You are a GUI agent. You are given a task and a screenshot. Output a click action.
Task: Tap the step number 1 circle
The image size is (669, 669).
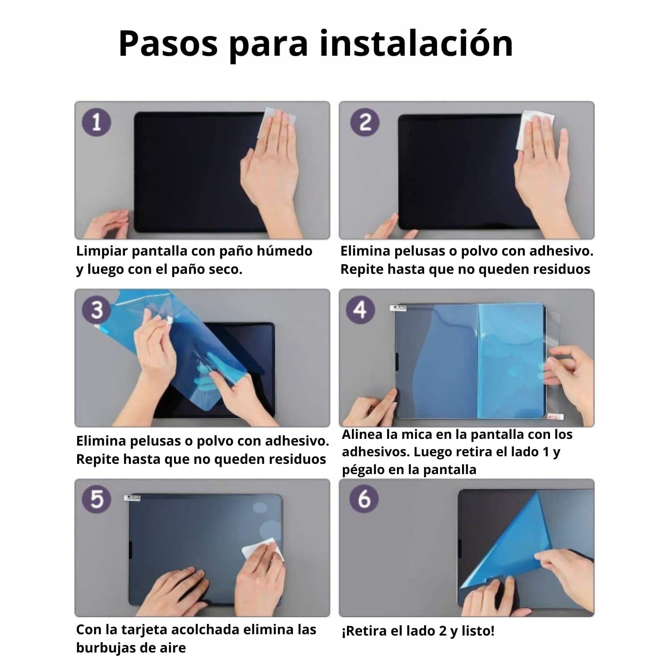pyautogui.click(x=96, y=122)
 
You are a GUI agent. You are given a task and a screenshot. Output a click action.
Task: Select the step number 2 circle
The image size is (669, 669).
pyautogui.click(x=364, y=122)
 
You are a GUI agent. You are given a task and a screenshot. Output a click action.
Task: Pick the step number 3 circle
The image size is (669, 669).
pyautogui.click(x=97, y=310)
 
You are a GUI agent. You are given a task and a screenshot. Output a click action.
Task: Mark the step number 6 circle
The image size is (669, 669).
pyautogui.click(x=364, y=499)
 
